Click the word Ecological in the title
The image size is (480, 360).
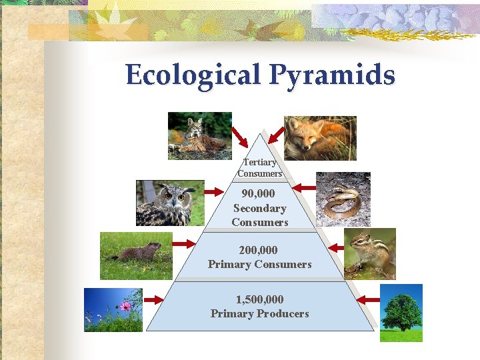[194, 75]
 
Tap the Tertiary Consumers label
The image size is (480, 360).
[260, 168]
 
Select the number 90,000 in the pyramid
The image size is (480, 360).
[260, 194]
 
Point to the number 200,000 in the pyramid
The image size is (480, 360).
[260, 250]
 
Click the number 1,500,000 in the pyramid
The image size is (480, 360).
[260, 299]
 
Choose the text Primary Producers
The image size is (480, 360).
[260, 313]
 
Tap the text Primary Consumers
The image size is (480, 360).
[260, 264]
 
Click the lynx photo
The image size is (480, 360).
[199, 136]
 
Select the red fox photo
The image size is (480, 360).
[320, 138]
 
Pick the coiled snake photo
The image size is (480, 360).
[343, 199]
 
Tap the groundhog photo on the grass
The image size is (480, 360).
[136, 255]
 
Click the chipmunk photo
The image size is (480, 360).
[370, 253]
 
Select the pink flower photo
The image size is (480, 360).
[113, 309]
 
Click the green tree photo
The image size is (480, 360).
[401, 312]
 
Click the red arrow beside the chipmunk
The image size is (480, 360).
[336, 247]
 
